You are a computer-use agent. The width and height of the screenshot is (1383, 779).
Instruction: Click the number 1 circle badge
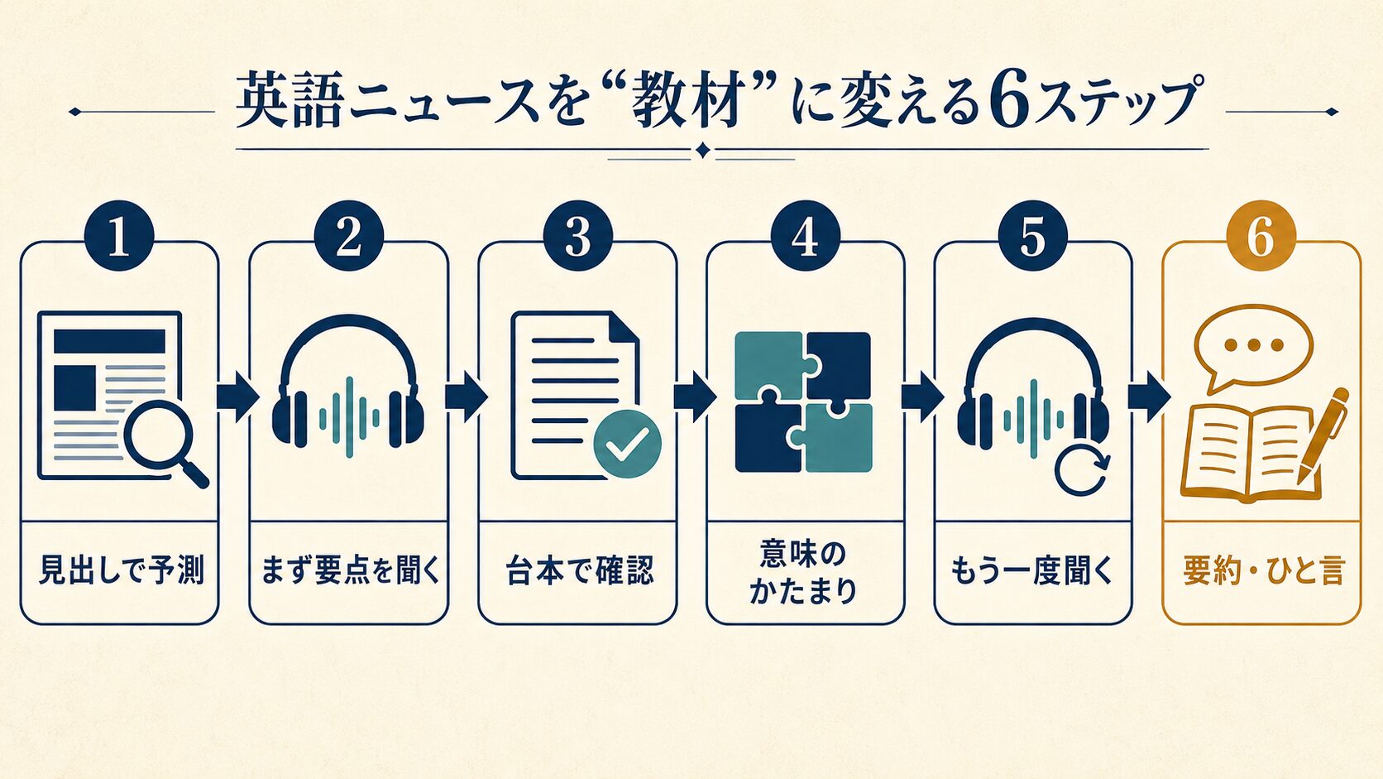pyautogui.click(x=119, y=236)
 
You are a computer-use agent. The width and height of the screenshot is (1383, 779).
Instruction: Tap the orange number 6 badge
pyautogui.click(x=1261, y=236)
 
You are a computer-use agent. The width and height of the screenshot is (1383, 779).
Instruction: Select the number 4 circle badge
pyautogui.click(x=805, y=236)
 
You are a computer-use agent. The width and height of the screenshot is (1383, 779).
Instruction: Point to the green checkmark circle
pyautogui.click(x=627, y=444)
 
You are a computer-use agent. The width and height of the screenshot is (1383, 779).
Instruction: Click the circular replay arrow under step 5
pyautogui.click(x=1082, y=469)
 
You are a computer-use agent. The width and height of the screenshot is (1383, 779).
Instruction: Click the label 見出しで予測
pyautogui.click(x=121, y=570)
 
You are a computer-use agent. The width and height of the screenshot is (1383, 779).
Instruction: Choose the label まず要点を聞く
pyautogui.click(x=350, y=570)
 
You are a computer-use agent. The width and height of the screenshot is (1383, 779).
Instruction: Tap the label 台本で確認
pyautogui.click(x=578, y=570)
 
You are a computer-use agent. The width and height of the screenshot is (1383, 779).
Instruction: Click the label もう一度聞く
pyautogui.click(x=1031, y=570)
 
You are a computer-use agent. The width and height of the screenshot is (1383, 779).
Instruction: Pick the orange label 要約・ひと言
pyautogui.click(x=1262, y=570)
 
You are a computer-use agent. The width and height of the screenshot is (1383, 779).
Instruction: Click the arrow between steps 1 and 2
pyautogui.click(x=237, y=396)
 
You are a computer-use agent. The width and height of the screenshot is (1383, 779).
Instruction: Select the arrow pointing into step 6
pyautogui.click(x=1149, y=396)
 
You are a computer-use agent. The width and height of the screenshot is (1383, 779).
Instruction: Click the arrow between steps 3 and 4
pyautogui.click(x=695, y=396)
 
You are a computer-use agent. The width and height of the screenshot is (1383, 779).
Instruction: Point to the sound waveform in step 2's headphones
pyautogui.click(x=349, y=417)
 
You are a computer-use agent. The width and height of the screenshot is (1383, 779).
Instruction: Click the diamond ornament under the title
pyautogui.click(x=702, y=151)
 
